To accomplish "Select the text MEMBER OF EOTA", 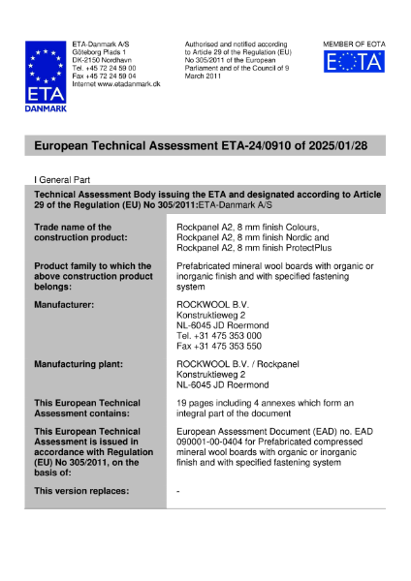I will point(353,45).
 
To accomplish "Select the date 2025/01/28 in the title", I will point(325,145).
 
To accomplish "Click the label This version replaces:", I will point(80,492).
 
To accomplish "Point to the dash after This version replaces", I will point(179,492).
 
